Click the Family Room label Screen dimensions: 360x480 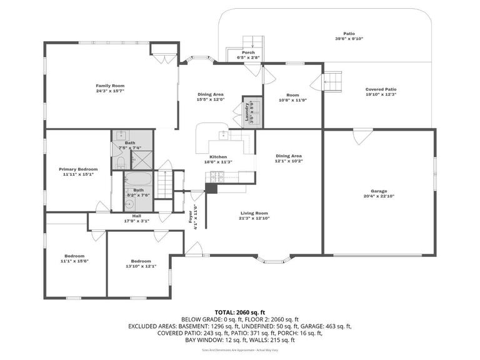tap(110, 85)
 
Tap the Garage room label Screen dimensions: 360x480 tap(378, 191)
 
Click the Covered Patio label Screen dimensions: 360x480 tap(381, 89)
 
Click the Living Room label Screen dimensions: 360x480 tap(254, 213)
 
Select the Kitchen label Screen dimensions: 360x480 tap(218, 157)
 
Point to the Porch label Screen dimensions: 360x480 tap(248, 52)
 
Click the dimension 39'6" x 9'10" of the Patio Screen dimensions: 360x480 tap(349, 39)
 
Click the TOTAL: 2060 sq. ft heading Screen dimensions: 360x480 tap(240, 312)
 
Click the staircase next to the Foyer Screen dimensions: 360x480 tap(164, 182)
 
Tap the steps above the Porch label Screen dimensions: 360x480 tap(249, 41)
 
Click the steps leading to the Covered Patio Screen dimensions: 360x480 tap(334, 81)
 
